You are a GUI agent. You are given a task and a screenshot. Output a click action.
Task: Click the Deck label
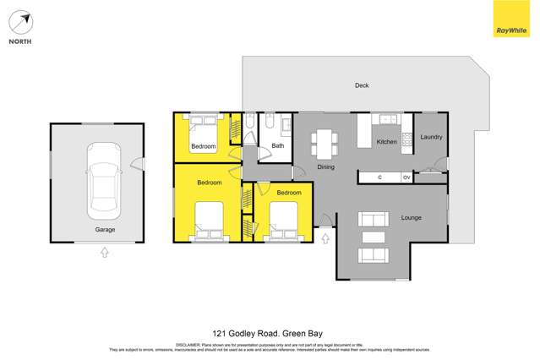point(361,85)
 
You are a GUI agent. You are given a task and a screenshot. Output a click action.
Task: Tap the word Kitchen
point(386,142)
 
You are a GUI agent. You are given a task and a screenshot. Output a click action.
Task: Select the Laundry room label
point(431,137)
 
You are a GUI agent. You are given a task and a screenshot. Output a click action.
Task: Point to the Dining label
point(325,167)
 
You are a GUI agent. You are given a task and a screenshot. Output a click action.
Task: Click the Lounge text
point(411,218)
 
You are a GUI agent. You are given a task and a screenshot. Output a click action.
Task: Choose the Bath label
point(277,146)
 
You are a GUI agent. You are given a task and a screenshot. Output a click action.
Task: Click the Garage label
point(105,230)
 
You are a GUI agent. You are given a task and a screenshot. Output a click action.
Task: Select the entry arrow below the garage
point(105,252)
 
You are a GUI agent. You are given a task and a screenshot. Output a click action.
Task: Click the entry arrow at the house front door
point(325,239)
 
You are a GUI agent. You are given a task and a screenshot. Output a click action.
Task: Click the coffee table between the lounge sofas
point(373,237)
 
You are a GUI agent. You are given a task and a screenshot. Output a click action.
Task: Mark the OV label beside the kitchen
point(406,177)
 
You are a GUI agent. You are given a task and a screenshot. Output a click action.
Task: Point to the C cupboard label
point(380,177)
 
